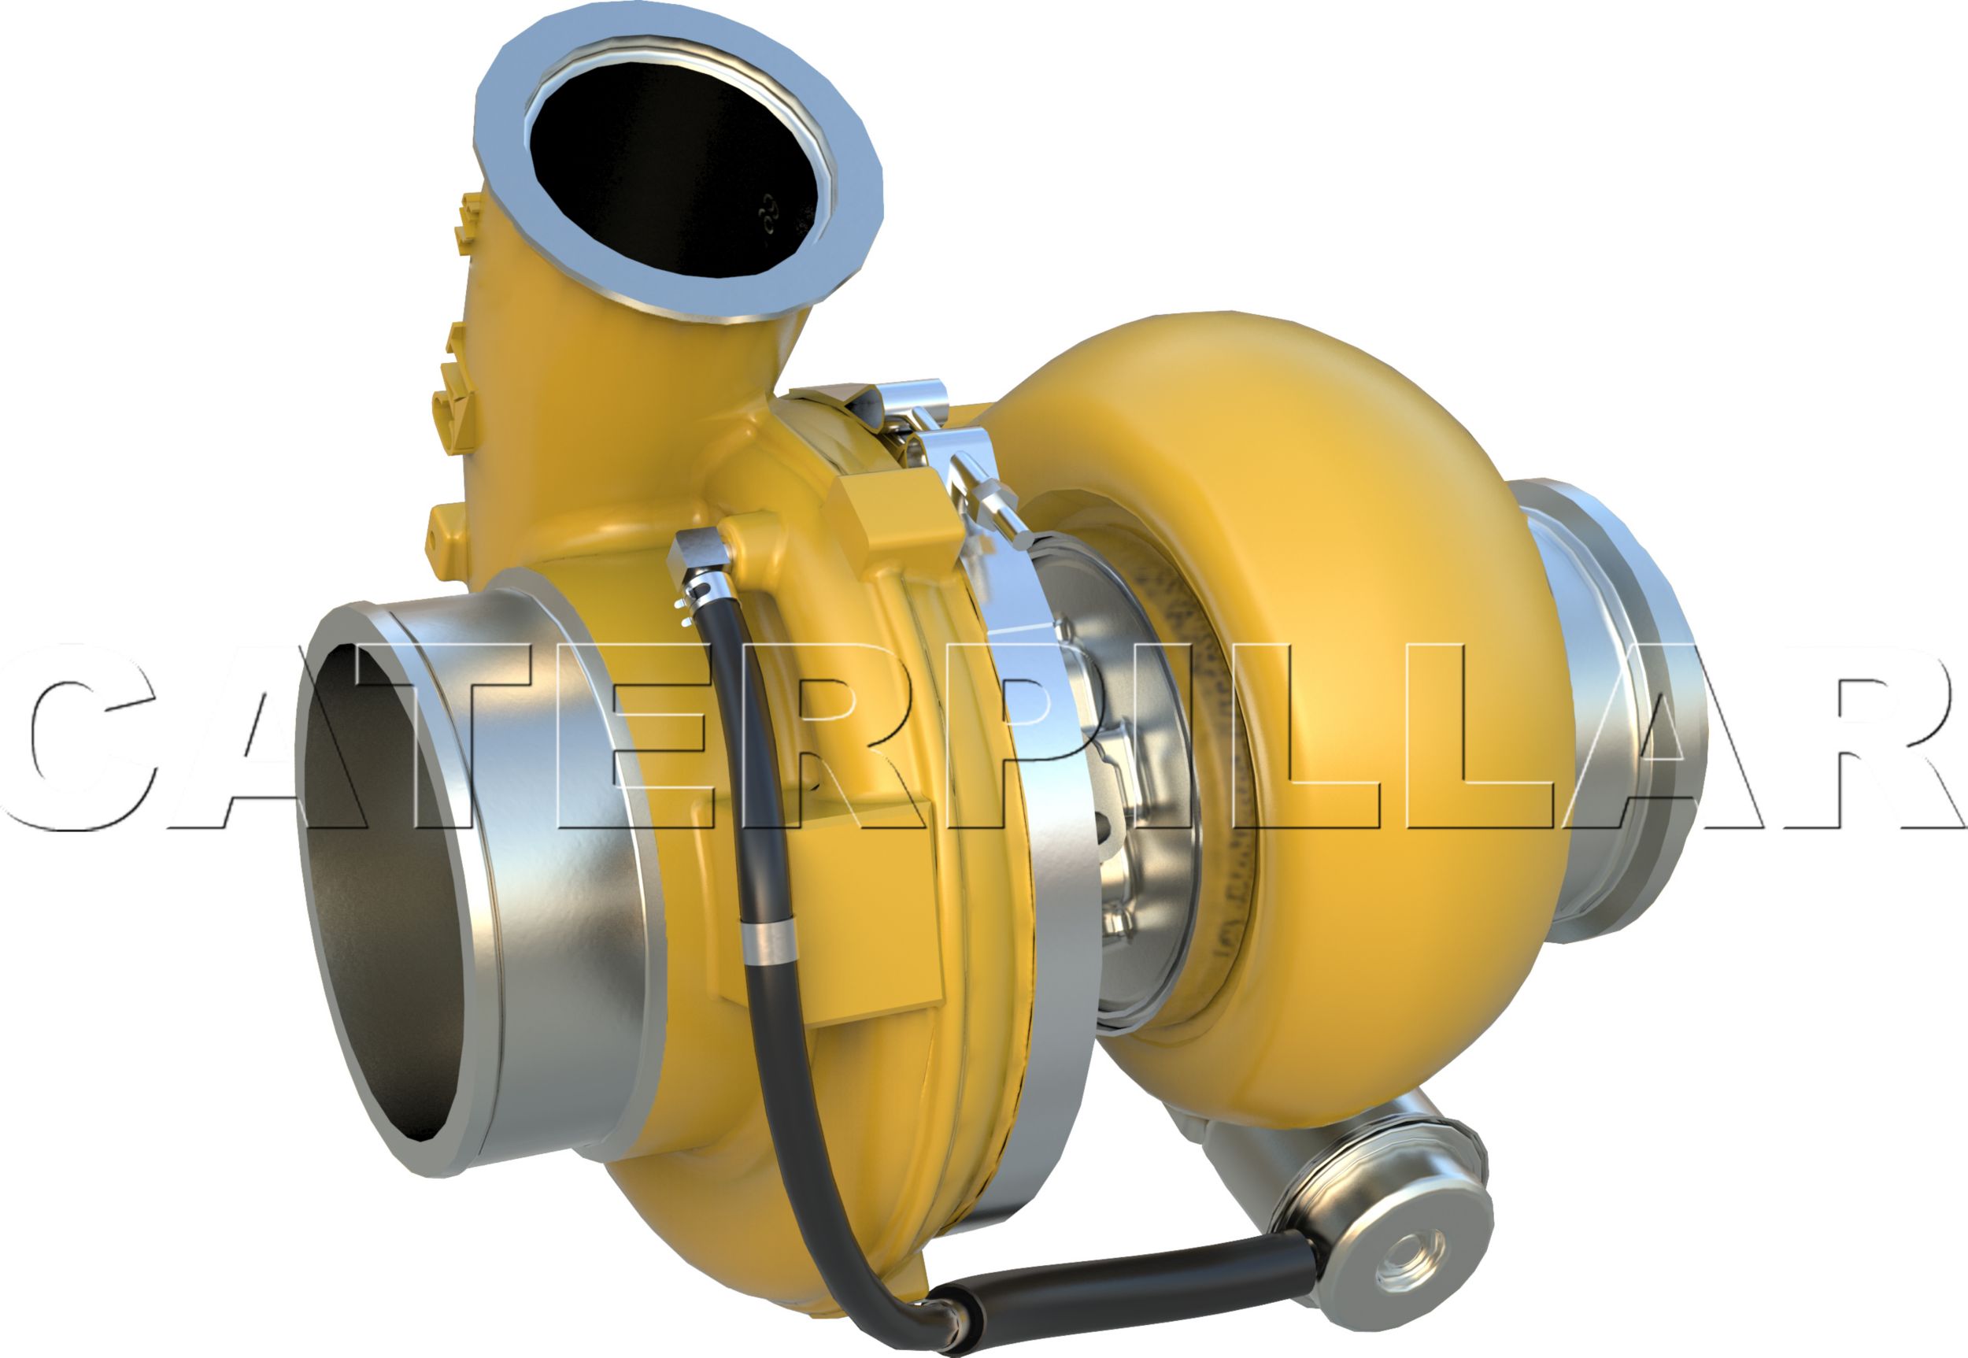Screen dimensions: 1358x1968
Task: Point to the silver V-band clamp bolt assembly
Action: (987, 494)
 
